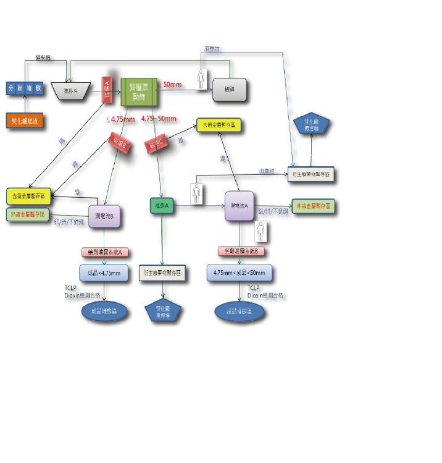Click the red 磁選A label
coord(107,90)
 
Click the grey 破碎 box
coord(230,90)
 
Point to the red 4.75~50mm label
coord(158,118)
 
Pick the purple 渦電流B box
coord(104,216)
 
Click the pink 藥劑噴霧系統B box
coord(241,252)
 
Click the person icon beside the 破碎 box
coord(201,79)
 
